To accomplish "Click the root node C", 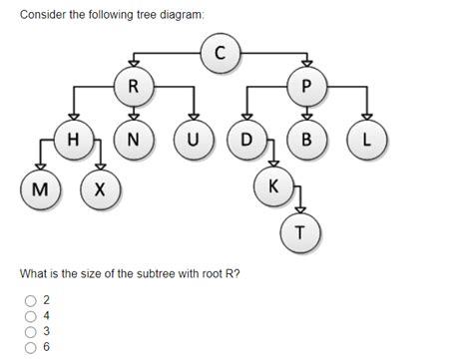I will [x=221, y=54].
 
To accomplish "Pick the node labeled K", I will [x=273, y=184].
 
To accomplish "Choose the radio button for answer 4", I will [x=31, y=314].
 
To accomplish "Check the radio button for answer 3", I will [x=31, y=331].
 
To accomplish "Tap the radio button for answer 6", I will [x=31, y=347].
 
